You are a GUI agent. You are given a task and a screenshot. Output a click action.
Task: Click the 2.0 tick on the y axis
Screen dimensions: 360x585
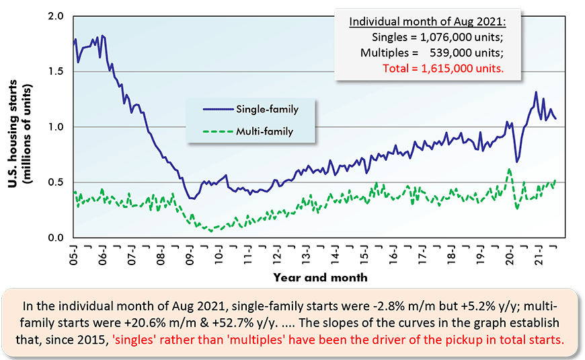[x=56, y=15]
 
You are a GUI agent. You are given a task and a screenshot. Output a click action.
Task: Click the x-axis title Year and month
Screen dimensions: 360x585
[x=320, y=277]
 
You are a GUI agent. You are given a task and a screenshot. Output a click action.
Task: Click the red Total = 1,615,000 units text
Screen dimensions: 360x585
[x=442, y=68]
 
